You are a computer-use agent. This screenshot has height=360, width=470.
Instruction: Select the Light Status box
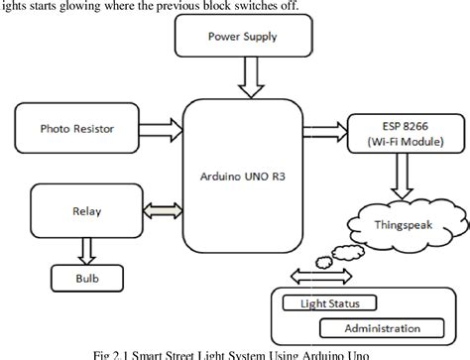click(321, 301)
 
